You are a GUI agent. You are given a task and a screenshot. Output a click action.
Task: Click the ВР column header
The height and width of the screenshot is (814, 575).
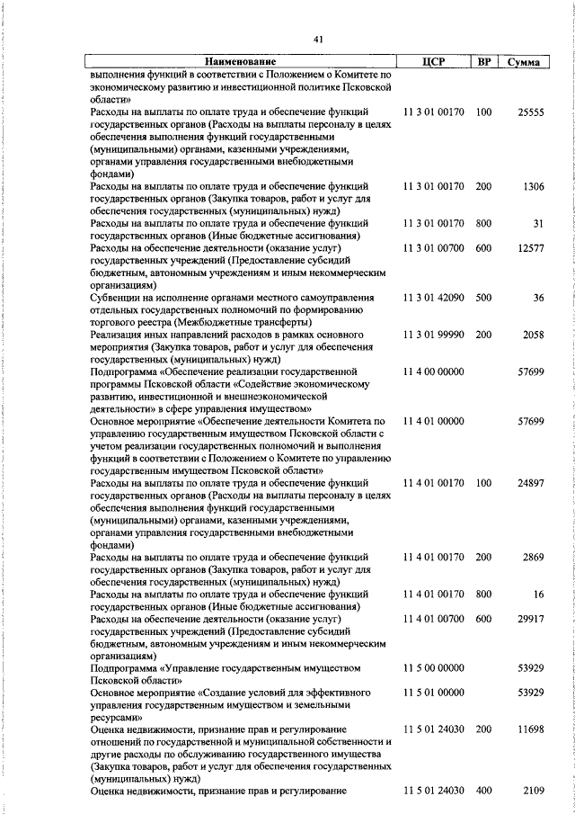coord(483,62)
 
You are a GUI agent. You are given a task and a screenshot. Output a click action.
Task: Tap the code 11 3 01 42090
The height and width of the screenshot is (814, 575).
coord(434,297)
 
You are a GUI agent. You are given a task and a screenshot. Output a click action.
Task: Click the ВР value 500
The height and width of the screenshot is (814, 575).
coord(483,297)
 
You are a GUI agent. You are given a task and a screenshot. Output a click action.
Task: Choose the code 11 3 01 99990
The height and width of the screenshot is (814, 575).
coord(434,335)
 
